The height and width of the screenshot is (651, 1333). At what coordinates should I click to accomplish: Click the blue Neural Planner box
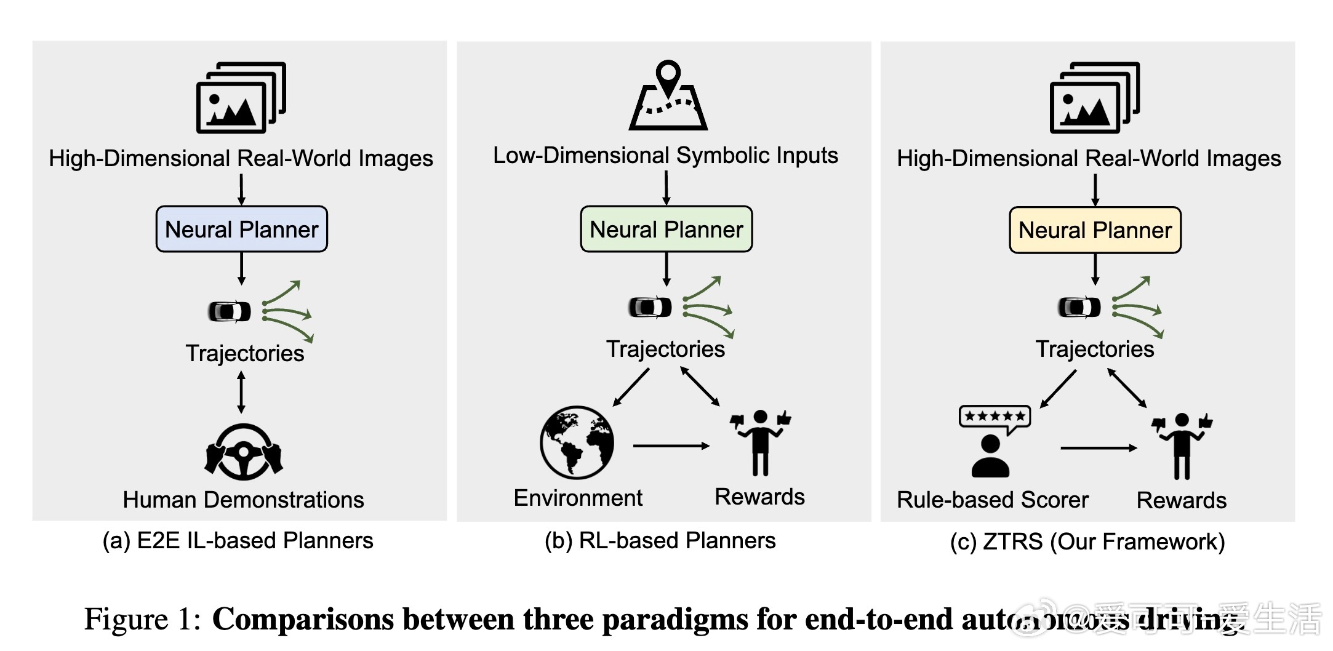coord(241,229)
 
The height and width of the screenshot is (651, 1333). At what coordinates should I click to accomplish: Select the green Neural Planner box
coord(666,229)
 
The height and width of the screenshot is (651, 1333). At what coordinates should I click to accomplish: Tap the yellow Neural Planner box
coord(1095,230)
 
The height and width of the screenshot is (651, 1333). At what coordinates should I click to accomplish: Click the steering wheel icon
coord(243,452)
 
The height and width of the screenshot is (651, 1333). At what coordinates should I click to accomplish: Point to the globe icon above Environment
coord(577,442)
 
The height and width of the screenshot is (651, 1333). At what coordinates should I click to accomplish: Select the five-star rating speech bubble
coord(995,418)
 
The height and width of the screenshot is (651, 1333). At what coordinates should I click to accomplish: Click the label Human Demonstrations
coord(243,500)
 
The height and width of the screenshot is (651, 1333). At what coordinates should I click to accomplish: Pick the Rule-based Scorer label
coord(992,500)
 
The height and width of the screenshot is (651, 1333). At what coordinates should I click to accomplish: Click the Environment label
coord(577,498)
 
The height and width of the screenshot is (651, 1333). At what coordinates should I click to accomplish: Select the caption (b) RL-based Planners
coord(660,540)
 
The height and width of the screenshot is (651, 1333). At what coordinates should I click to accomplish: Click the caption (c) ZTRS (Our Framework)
coord(1087,541)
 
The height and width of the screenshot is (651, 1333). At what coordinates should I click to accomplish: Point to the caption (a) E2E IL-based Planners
coord(238,540)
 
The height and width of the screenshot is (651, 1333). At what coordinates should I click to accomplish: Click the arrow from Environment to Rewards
coord(671,445)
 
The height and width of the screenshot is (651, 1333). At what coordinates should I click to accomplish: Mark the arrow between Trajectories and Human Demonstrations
coord(241,392)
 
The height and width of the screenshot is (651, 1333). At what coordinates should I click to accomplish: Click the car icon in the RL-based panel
coord(650,306)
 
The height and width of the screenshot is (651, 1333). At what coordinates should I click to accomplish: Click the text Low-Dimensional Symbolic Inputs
coord(665,155)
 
